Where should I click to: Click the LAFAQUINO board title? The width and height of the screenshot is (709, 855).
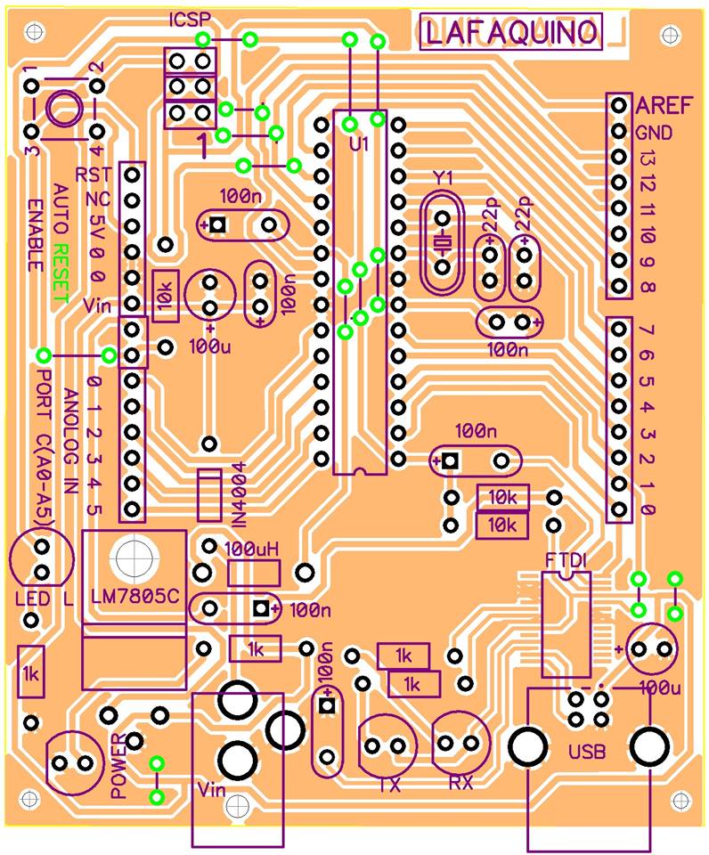tap(511, 32)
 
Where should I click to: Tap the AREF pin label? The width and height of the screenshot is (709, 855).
tap(664, 105)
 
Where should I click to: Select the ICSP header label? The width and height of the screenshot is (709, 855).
tap(189, 20)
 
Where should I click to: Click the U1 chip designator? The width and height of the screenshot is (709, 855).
tap(360, 144)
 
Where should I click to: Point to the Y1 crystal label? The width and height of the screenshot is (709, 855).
tap(443, 178)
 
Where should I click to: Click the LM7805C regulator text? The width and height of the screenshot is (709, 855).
tap(134, 597)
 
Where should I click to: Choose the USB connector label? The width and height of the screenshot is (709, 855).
tap(587, 753)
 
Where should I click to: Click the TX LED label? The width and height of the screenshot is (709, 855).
tap(389, 786)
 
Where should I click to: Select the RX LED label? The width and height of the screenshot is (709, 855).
tap(460, 783)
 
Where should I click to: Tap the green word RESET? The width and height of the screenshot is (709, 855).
tap(61, 273)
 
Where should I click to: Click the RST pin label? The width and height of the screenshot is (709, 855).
tap(93, 175)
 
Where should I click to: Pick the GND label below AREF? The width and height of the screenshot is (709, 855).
tap(654, 133)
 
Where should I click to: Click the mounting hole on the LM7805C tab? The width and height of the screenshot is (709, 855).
tap(134, 558)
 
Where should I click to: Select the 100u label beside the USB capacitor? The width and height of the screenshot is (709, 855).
tap(660, 688)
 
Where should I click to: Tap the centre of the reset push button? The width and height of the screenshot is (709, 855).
tap(64, 109)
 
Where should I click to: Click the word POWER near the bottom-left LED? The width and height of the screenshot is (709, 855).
tap(118, 766)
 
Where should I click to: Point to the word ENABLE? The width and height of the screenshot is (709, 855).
tap(36, 235)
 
